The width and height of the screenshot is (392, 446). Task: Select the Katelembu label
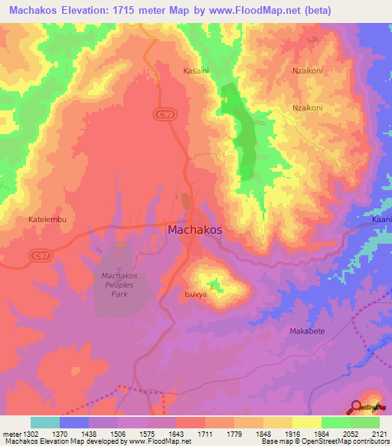point(49,219)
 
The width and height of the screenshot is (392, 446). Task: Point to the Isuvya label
point(195,294)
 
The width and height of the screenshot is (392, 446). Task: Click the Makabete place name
point(307,331)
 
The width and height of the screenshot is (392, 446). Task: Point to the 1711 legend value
point(204,433)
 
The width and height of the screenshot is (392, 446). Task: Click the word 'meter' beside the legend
point(9,433)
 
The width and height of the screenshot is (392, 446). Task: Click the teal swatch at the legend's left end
point(45,422)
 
